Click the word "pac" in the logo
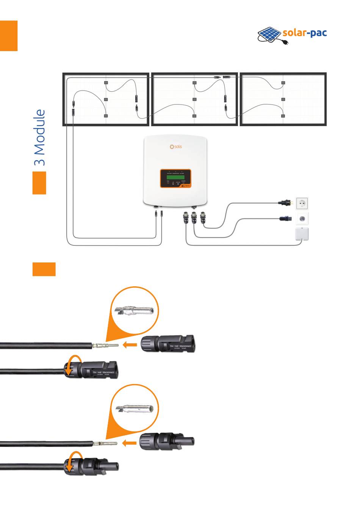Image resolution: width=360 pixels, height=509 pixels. pos(317,33)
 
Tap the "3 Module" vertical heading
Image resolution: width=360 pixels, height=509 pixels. pos(40,137)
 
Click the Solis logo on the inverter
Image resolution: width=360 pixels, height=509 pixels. pos(175,146)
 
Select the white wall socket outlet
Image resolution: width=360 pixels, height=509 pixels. pos(302,203)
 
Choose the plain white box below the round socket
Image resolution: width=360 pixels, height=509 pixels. pos(302,234)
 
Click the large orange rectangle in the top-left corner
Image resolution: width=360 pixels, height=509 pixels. pos(9,36)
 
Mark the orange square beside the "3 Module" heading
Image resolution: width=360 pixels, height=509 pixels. pos(39,183)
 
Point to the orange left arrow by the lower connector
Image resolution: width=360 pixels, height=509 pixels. pos(129,443)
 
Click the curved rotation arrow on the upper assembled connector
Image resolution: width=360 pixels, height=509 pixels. pos(72,365)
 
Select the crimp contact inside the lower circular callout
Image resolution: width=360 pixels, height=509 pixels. pos(135,409)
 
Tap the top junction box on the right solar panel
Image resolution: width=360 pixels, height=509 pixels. pos(283,83)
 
